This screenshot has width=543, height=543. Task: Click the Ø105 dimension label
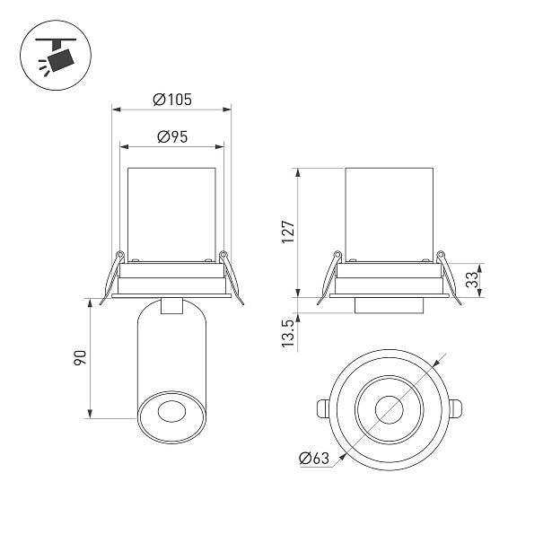[172, 100]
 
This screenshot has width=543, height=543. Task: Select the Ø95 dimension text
[172, 136]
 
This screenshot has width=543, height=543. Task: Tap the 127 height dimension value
[288, 232]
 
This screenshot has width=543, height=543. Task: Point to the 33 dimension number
[472, 280]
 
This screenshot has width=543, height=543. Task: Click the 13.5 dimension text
[288, 334]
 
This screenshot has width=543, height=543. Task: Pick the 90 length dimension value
[81, 358]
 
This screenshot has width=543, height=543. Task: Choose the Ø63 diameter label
[314, 458]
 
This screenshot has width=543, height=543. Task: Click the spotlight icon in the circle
[56, 56]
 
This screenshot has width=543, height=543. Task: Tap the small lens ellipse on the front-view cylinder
[171, 411]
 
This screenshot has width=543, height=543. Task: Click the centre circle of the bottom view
[389, 409]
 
